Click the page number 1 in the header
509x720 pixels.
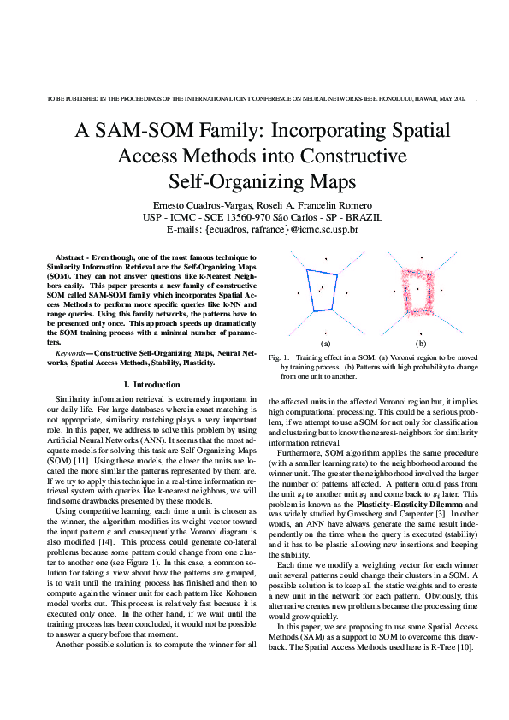(475, 99)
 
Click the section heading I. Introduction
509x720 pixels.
(151, 385)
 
